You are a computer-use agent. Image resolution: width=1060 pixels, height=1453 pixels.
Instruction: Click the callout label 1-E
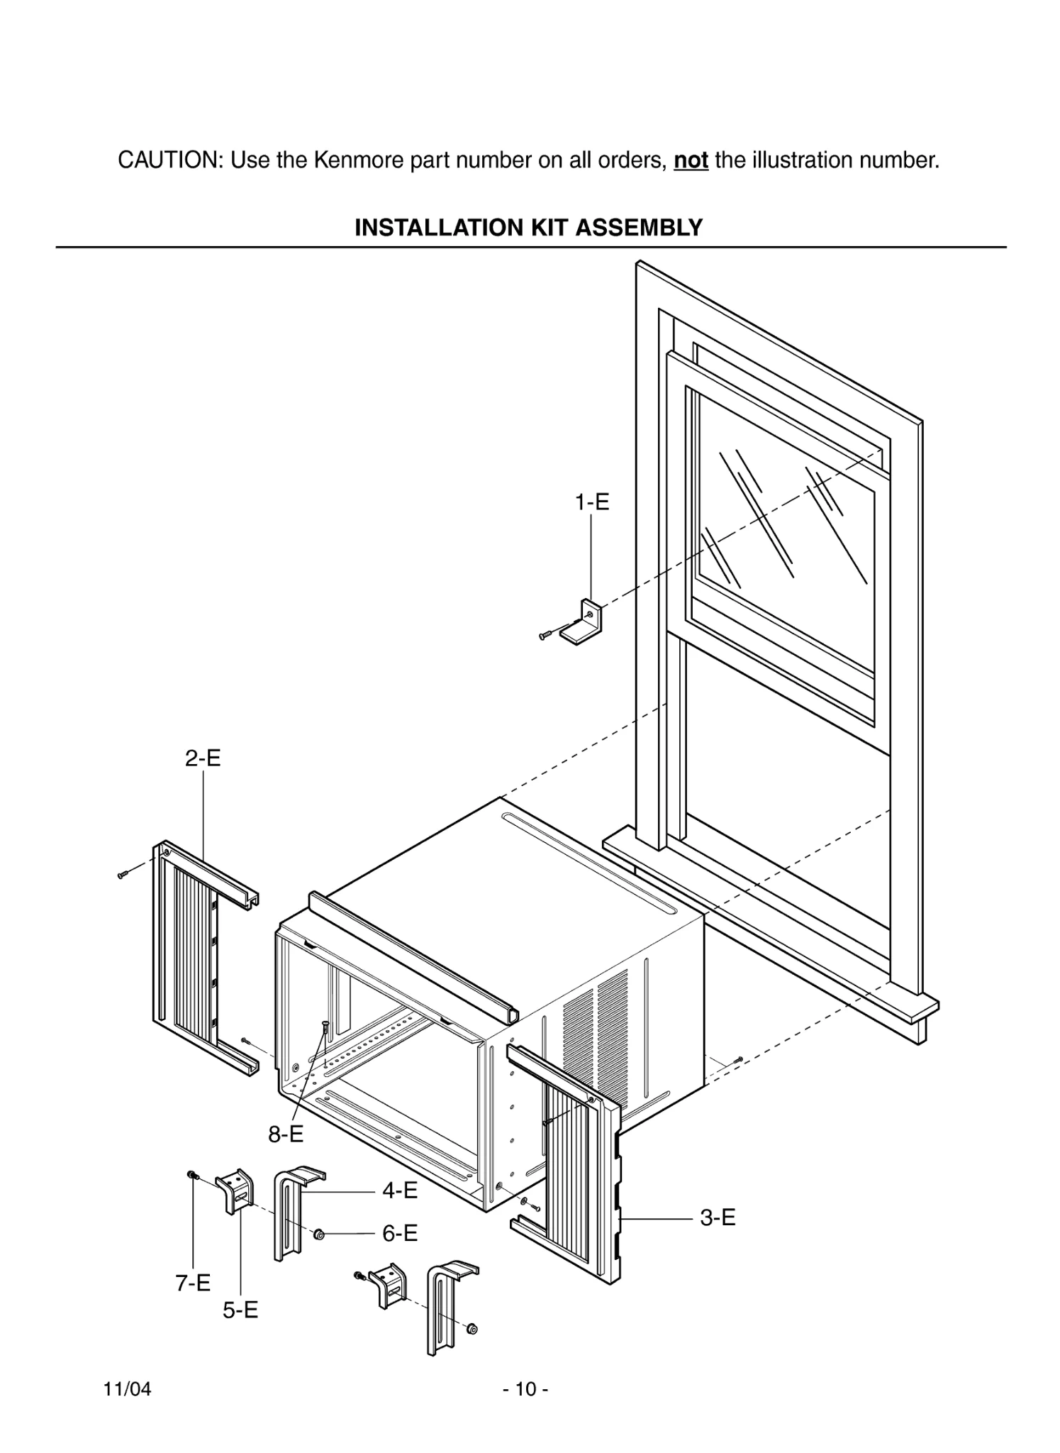[x=591, y=502]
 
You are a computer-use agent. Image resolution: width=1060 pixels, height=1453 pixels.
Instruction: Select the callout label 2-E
[x=203, y=758]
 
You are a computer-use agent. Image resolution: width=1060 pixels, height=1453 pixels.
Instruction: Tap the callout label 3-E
[x=718, y=1217]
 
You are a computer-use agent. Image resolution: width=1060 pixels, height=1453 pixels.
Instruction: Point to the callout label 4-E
[x=400, y=1190]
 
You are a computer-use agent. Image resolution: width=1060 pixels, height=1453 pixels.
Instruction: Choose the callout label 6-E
[x=400, y=1233]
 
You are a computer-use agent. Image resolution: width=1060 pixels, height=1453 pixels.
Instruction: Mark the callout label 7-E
[x=193, y=1283]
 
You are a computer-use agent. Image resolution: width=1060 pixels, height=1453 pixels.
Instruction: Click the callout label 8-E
[x=285, y=1134]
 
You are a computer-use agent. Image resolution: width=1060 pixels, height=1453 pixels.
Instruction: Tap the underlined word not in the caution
[x=691, y=160]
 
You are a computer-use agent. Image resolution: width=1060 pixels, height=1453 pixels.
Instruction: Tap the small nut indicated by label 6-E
[x=319, y=1235]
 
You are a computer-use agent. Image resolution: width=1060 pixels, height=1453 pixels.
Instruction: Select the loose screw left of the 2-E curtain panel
[x=122, y=875]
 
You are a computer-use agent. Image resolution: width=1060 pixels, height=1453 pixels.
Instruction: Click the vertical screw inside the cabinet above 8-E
[x=325, y=1029]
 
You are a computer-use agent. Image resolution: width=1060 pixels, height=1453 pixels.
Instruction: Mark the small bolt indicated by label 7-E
[x=191, y=1175]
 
